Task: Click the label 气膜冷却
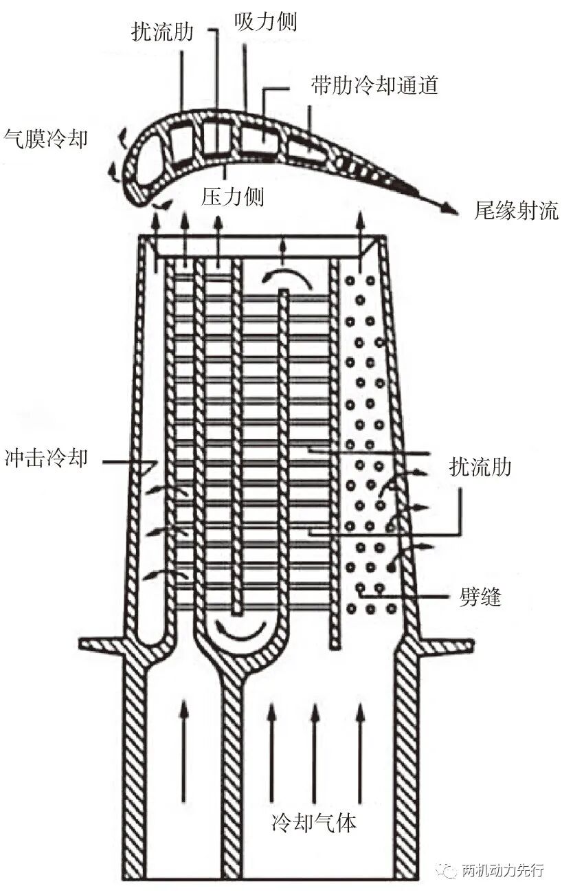(x=45, y=140)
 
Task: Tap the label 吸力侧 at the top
(x=265, y=21)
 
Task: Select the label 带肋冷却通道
(x=375, y=85)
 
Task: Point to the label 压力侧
(x=232, y=196)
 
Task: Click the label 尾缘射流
(x=516, y=210)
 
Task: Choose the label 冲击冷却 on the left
(x=46, y=458)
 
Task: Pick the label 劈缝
(x=480, y=598)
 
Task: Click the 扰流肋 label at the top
(x=162, y=31)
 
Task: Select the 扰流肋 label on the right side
(x=480, y=466)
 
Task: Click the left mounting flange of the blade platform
(x=104, y=645)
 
